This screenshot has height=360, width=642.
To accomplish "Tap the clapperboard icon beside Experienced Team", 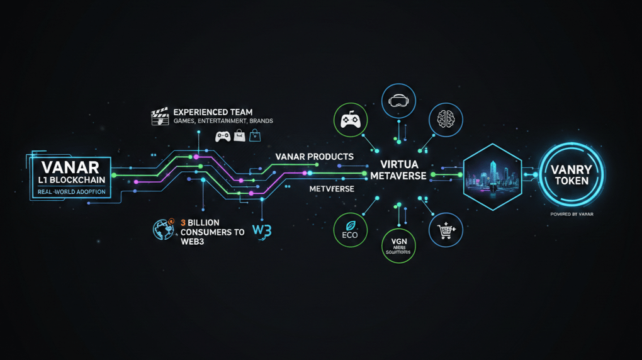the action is point(160,116).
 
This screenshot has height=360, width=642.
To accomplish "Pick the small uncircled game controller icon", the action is point(222,135).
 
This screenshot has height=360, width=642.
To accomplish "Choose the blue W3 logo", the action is point(261,230).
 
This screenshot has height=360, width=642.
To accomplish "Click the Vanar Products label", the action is point(314,156).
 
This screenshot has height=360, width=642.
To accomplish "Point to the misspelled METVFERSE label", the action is point(331,189).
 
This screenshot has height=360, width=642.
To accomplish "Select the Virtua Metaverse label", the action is point(398,169).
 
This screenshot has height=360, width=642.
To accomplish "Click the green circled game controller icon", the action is point(350,120).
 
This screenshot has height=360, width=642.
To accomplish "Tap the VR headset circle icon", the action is point(399,100).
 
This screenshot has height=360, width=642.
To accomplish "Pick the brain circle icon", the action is point(446,120).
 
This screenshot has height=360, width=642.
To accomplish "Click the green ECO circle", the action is point(350,230).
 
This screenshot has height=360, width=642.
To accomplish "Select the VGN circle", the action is point(399,245).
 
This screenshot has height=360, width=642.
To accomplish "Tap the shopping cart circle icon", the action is point(446,230).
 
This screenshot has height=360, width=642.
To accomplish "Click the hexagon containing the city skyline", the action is point(492,176).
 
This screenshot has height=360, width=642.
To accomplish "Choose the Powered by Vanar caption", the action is point(572,214).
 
